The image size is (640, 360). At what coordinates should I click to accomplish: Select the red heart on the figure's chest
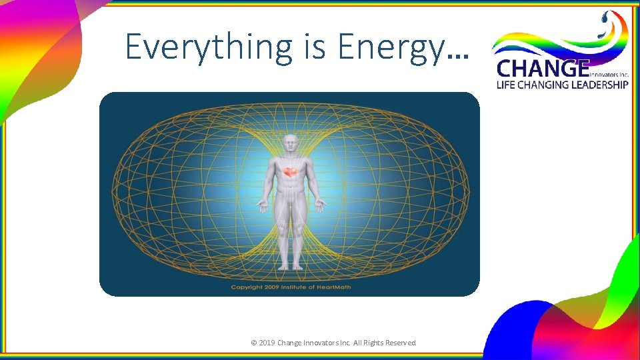289,173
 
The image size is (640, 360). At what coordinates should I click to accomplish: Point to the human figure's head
289,145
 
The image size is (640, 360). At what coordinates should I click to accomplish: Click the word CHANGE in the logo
543,69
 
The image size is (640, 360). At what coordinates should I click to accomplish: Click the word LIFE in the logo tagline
506,85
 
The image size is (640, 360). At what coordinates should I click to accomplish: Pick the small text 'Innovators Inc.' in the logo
609,74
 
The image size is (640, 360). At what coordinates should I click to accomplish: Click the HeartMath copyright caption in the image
290,287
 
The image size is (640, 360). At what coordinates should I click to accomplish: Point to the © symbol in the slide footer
253,343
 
